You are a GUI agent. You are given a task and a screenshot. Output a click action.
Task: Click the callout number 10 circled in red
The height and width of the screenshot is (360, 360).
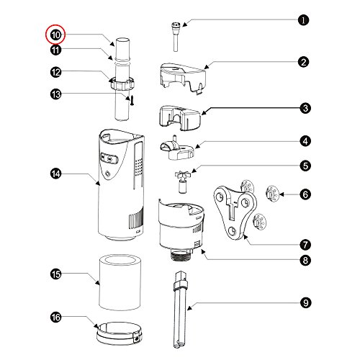(55, 35)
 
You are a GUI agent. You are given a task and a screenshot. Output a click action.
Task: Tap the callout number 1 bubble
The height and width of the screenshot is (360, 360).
(303, 20)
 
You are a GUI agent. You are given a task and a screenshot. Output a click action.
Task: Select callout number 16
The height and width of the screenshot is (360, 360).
(56, 318)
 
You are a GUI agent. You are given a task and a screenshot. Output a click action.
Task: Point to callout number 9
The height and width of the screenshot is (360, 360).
(305, 302)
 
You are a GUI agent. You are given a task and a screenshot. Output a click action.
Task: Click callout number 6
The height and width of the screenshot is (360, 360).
(305, 194)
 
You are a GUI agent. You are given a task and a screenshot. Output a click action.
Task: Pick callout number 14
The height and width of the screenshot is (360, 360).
(56, 174)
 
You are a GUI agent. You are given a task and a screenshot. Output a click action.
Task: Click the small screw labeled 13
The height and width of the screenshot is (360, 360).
(132, 100)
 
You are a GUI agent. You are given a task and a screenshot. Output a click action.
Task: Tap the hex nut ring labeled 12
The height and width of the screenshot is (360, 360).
(122, 83)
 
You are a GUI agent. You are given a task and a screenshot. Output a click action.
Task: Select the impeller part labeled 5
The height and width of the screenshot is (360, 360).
(183, 181)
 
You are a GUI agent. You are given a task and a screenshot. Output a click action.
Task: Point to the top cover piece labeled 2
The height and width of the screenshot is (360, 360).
(183, 78)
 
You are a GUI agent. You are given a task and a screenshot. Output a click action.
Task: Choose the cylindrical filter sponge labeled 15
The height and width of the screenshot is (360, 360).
(120, 282)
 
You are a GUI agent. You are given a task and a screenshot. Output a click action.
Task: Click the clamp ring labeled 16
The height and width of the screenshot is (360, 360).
(120, 333)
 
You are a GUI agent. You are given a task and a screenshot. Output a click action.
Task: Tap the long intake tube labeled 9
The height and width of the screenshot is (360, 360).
(180, 310)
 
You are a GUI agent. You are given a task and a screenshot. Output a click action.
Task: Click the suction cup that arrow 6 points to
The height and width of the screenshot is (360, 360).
(271, 193)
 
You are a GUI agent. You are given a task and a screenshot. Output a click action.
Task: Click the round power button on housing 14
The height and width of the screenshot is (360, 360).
(108, 174)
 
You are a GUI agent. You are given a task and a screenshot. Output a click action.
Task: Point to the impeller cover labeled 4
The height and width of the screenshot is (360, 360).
(177, 148)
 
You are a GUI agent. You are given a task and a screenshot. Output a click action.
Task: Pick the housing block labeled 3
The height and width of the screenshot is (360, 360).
(180, 118)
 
